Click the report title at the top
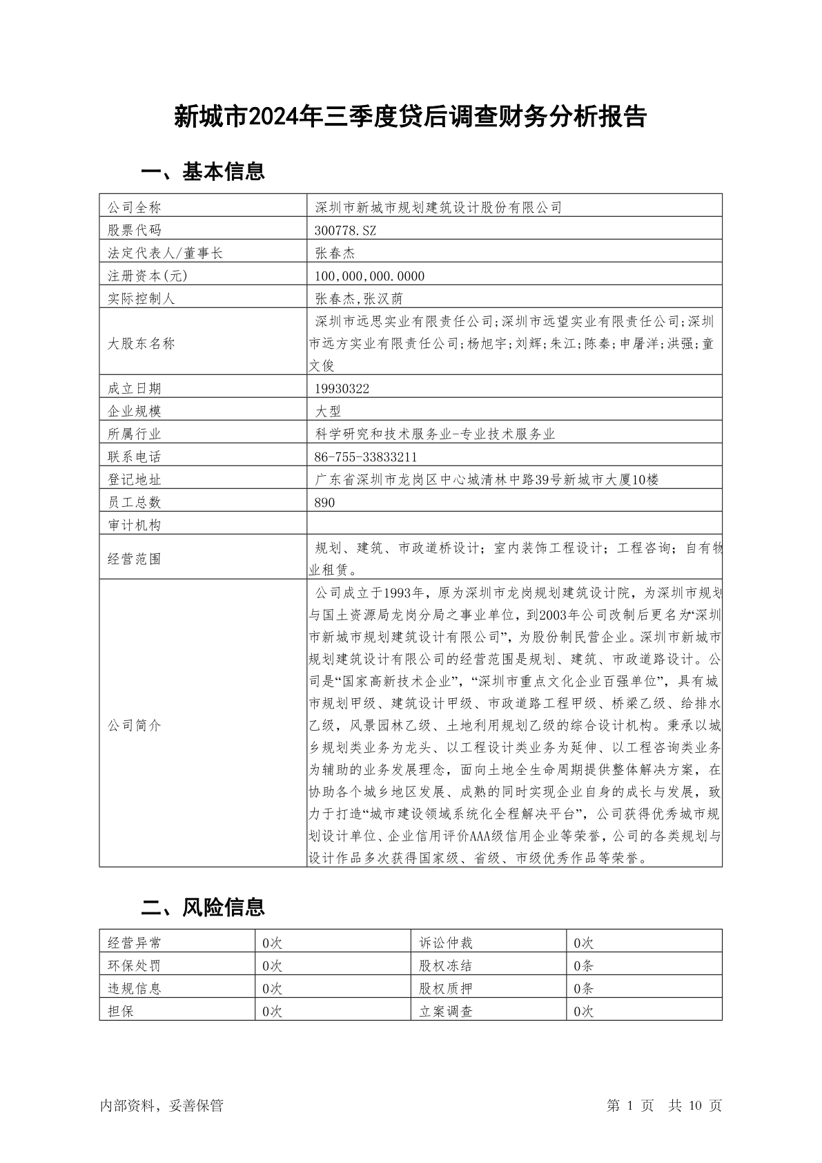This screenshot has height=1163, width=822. [410, 117]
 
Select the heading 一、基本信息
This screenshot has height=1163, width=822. [203, 171]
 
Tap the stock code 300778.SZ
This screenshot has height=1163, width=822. [346, 230]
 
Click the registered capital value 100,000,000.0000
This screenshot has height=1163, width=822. [370, 276]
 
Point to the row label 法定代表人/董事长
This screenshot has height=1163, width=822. [166, 253]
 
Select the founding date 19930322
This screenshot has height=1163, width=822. [342, 389]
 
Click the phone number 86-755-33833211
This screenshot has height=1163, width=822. [366, 457]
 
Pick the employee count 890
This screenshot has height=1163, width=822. [324, 503]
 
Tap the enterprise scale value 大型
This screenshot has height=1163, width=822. [328, 412]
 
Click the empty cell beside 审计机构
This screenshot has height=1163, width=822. [514, 525]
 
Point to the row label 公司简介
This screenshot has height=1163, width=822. [135, 726]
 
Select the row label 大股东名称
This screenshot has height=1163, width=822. [141, 344]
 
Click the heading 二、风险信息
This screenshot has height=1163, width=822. [203, 907]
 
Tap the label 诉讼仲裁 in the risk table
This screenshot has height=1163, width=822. [446, 943]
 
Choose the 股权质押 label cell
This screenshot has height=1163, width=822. [446, 989]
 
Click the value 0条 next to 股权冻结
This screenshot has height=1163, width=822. [583, 966]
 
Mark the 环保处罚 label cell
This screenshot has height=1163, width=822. [135, 966]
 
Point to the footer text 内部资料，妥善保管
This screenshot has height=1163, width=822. [162, 1106]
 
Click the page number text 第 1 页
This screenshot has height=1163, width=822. [630, 1106]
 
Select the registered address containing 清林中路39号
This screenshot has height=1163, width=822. [487, 480]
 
